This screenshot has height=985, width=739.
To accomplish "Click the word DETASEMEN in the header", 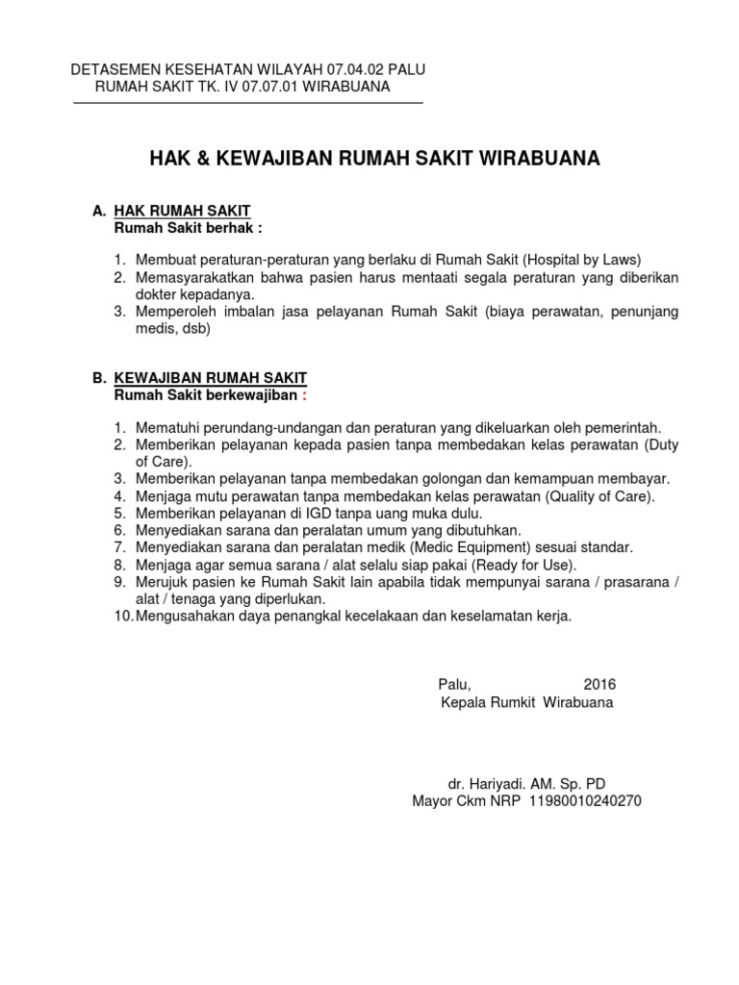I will coord(117,70).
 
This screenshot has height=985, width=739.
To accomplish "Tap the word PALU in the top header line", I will coord(405,70).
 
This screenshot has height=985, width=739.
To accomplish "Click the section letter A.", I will coord(96,212).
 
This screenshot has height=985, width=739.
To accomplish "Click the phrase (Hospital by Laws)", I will coord(582,260).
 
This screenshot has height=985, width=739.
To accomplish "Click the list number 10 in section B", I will coord(118,616).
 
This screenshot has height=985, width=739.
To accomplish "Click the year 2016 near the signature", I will coord(599,684).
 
